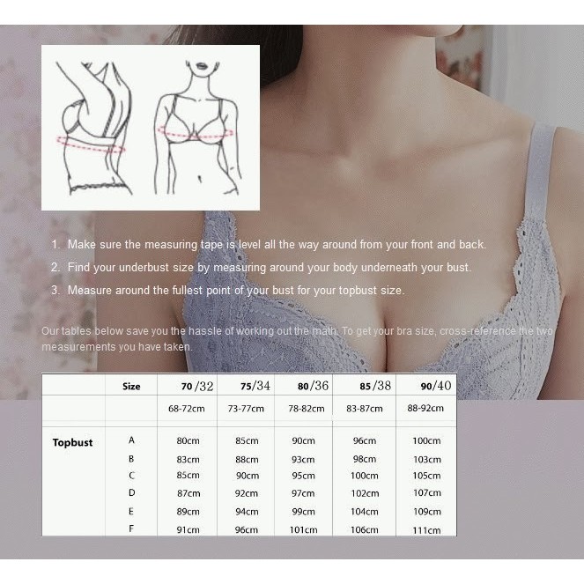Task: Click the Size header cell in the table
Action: pos(131,386)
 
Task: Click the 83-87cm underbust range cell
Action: pos(363,409)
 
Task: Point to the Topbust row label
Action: pos(72,442)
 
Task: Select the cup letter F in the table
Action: pos(131,529)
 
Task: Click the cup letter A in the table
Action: pos(131,440)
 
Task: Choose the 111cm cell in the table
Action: pos(426,529)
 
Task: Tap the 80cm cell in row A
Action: pos(187,440)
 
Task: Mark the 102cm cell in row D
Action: pos(364,493)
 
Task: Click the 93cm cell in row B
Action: pos(303,459)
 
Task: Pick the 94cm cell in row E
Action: pos(247,512)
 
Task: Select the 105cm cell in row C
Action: pos(426,477)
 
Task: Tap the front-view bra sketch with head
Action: pos(198,126)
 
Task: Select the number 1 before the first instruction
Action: pos(55,245)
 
